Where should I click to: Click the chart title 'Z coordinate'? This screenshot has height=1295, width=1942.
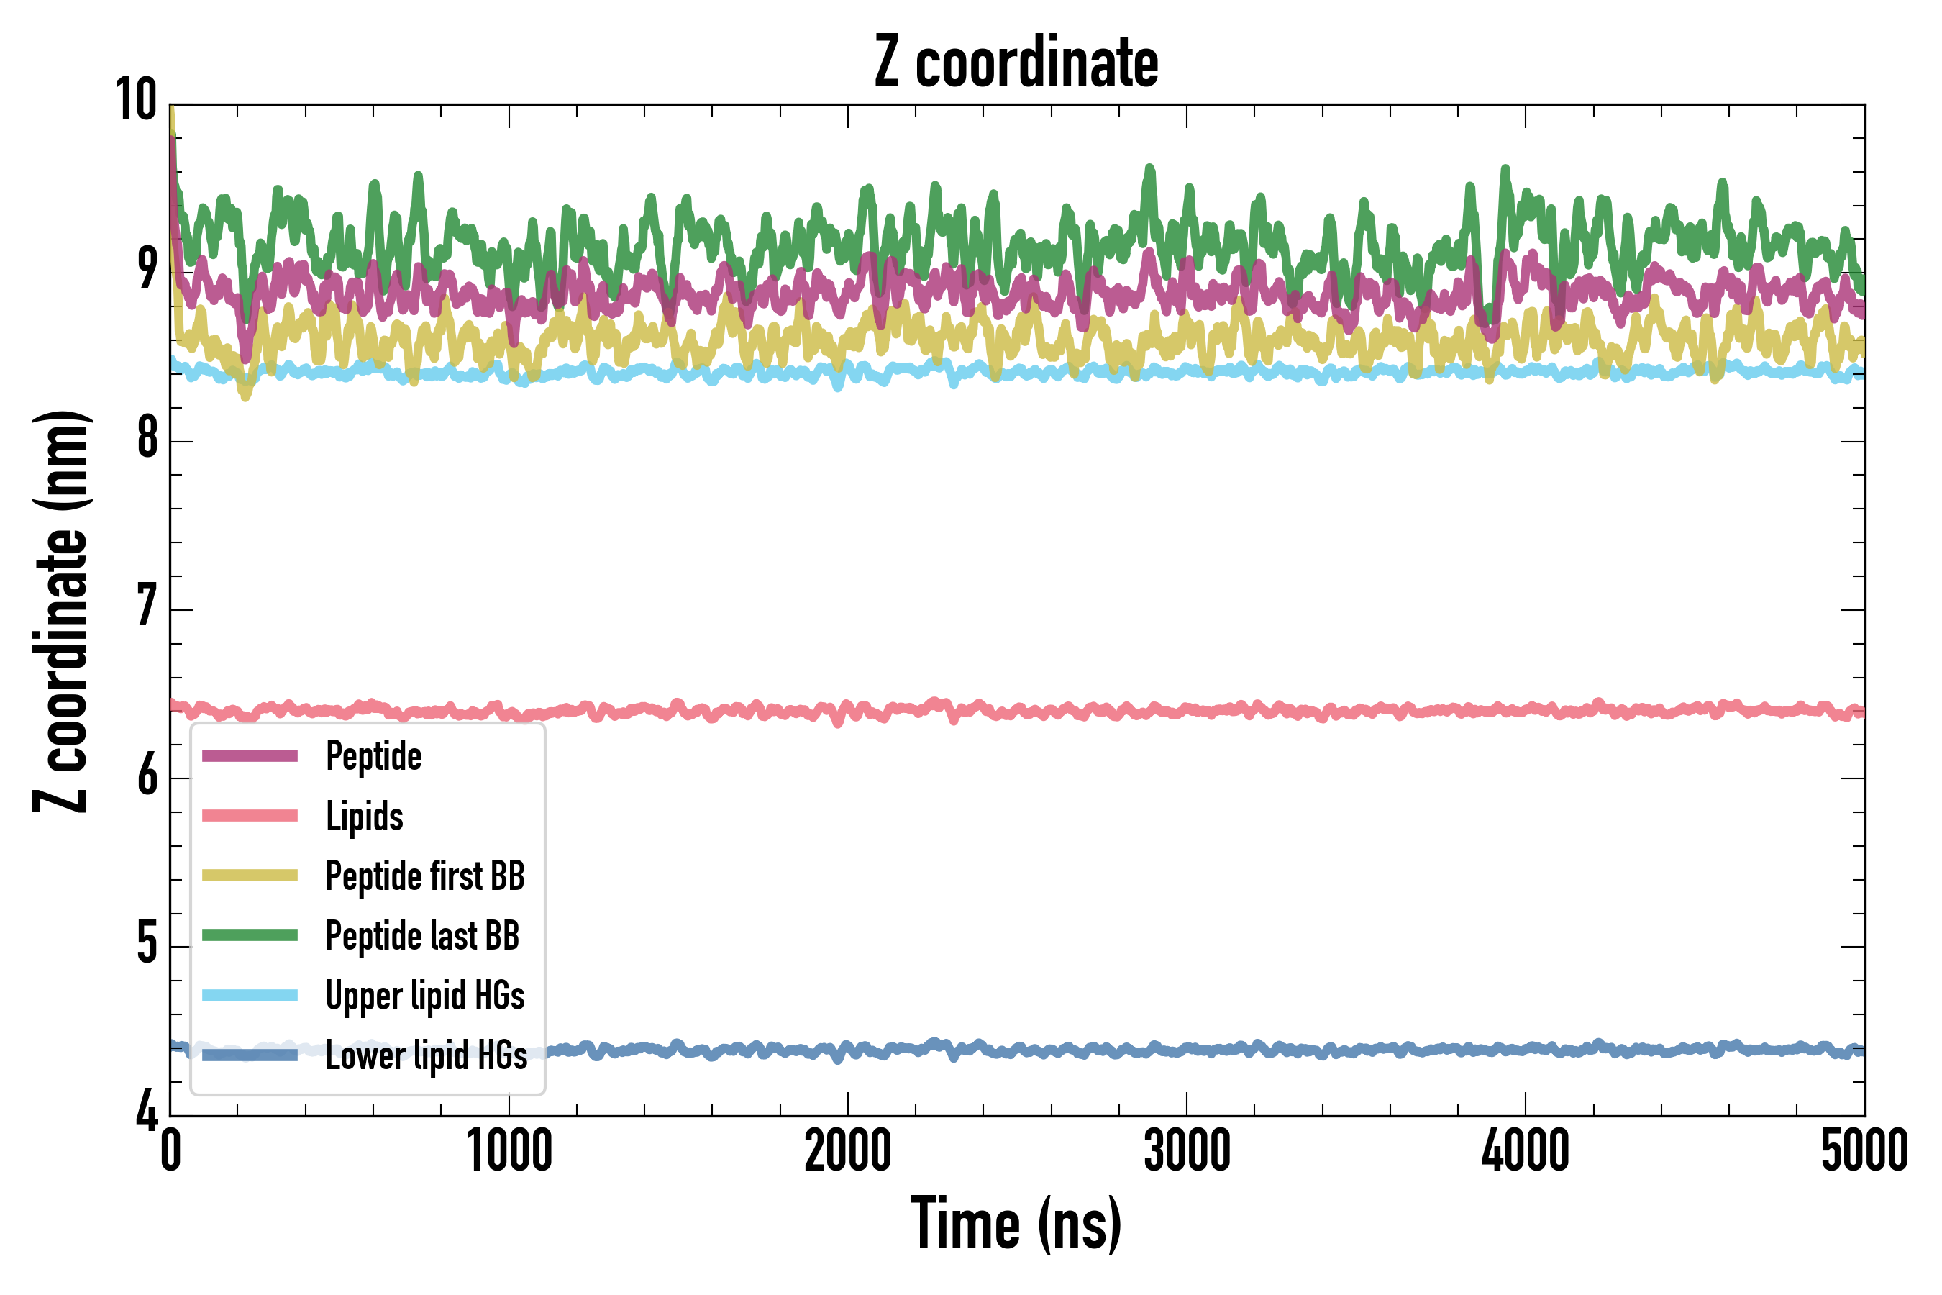click(1016, 63)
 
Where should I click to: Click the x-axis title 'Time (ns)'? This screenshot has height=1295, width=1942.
click(1016, 1224)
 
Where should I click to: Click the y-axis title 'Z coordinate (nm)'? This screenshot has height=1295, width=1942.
click(61, 610)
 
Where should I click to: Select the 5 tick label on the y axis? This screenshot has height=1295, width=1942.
click(147, 942)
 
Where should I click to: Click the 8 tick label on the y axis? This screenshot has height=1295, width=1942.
click(147, 437)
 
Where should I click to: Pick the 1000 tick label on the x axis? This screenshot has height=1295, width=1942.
click(509, 1150)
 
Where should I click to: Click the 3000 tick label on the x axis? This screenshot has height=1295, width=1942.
click(1187, 1150)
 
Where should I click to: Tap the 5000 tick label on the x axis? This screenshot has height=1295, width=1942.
click(1864, 1150)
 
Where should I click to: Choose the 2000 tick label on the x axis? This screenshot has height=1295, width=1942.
click(848, 1150)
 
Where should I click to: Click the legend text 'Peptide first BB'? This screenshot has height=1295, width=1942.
click(425, 876)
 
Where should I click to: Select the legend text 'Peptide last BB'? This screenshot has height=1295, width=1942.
click(422, 936)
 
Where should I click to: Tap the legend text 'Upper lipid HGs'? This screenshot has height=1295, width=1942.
click(425, 996)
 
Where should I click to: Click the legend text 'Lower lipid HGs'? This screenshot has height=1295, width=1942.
click(426, 1055)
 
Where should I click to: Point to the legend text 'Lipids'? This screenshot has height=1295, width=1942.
click(364, 816)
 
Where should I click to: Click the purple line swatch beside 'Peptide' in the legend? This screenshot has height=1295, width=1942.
click(250, 755)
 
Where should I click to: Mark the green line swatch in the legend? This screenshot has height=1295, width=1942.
click(250, 935)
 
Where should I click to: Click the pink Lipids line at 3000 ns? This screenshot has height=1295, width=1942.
click(1187, 709)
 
